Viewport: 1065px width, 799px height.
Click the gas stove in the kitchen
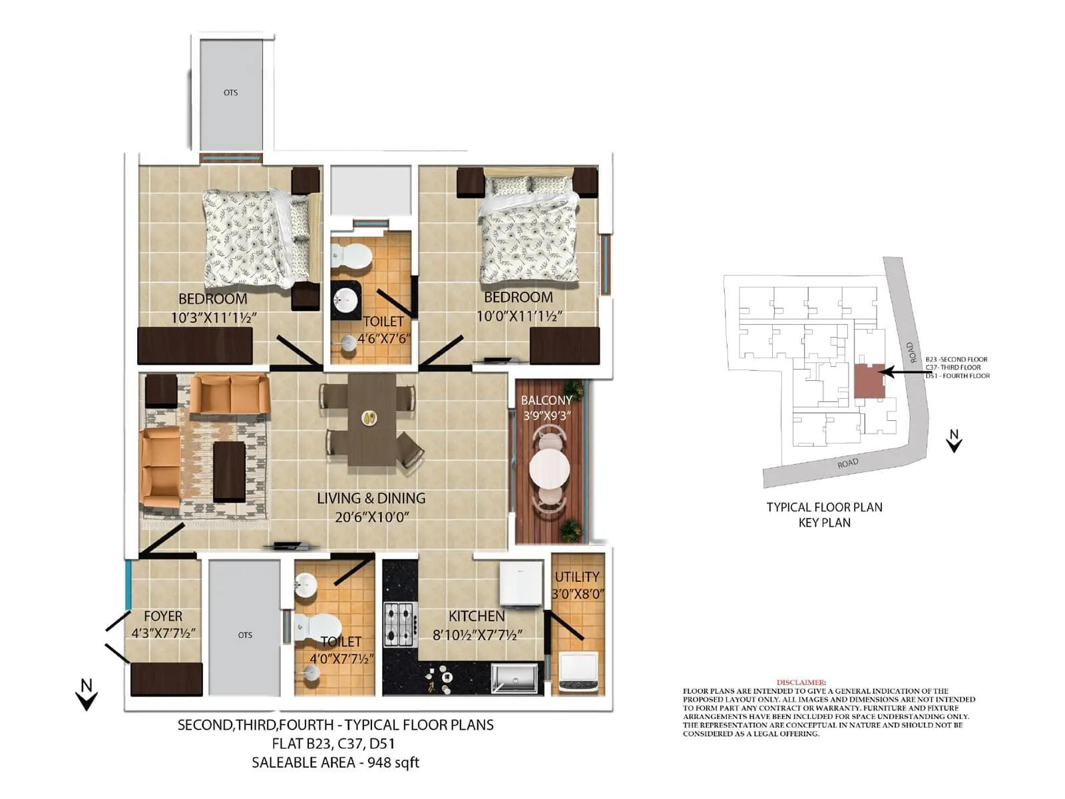(401, 624)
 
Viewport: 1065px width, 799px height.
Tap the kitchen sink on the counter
(514, 678)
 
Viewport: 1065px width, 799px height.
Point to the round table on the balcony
(549, 470)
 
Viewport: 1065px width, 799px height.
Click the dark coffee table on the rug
(229, 471)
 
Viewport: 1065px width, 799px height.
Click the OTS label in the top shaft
(230, 93)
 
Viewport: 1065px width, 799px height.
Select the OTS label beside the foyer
(245, 635)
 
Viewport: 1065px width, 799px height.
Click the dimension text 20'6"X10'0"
(371, 517)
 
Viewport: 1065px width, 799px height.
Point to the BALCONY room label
(546, 400)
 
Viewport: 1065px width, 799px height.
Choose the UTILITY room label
(576, 577)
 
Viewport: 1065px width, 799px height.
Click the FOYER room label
(162, 616)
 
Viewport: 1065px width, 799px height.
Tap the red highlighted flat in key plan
(868, 382)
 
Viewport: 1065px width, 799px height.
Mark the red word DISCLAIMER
(801, 682)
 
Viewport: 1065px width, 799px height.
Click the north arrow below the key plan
(954, 441)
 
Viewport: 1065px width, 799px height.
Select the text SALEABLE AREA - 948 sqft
(335, 762)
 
